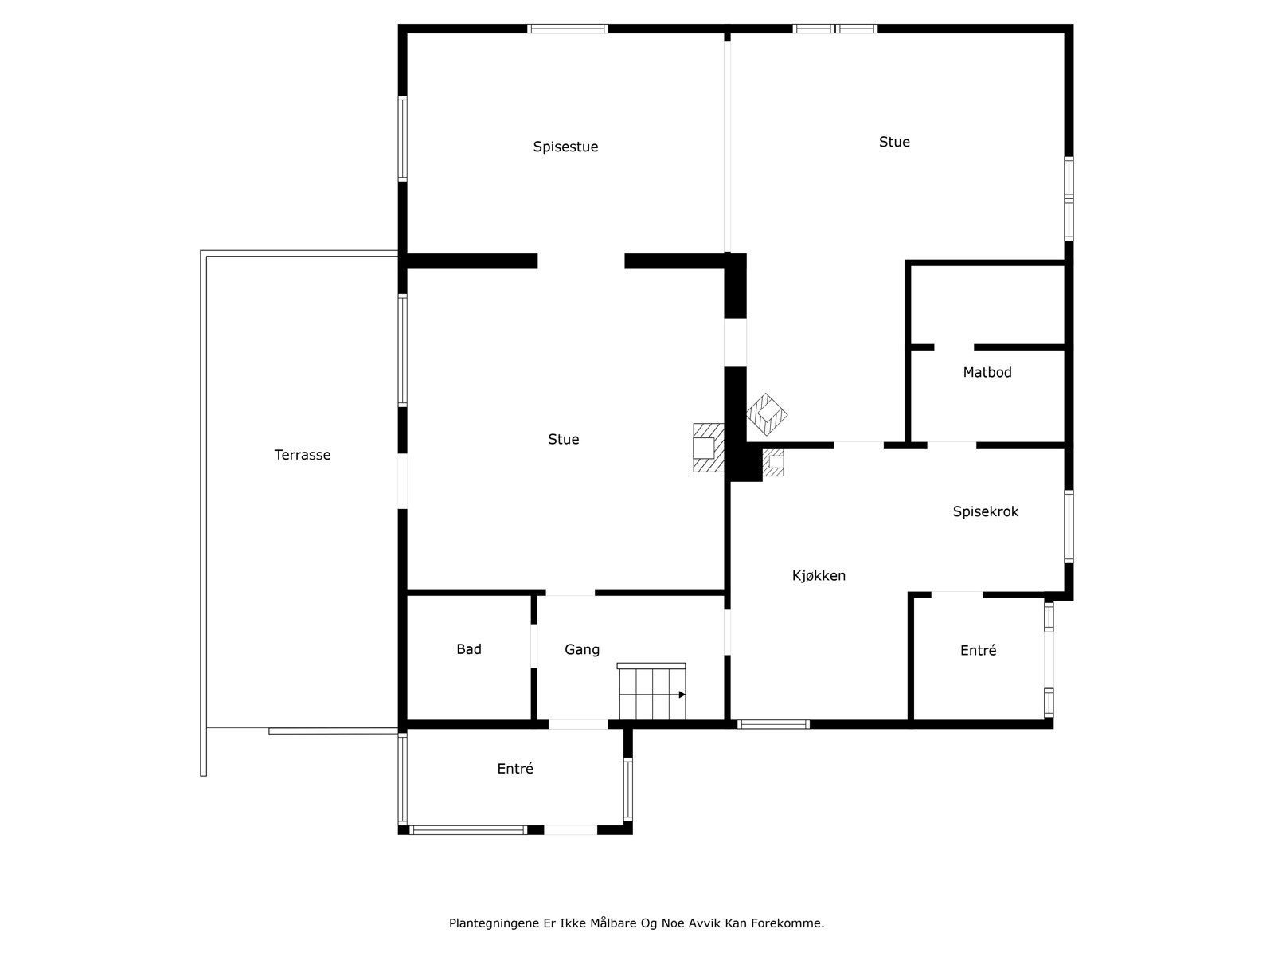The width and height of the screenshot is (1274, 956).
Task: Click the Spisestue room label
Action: point(565,147)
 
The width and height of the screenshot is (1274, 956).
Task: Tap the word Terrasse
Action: point(303,455)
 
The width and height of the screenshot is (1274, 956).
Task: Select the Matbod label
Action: point(987,372)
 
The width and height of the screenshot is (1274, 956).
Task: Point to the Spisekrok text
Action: point(986,511)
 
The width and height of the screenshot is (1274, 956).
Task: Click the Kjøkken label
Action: point(819,575)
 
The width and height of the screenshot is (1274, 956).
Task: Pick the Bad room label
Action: point(469,649)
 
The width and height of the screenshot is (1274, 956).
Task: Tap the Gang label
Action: point(582,649)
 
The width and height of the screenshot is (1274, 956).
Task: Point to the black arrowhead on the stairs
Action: point(682,695)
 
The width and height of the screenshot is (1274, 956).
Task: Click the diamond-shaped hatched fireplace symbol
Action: point(767,414)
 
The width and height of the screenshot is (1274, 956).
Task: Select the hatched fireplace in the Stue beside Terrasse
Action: point(707,449)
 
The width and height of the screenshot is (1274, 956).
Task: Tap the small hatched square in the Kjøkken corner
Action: point(773,462)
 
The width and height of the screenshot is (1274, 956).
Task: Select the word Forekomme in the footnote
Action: point(792,923)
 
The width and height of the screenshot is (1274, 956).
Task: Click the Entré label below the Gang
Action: point(515,769)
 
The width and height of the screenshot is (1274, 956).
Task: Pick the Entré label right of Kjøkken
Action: point(979,650)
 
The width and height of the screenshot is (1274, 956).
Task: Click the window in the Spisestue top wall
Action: point(568,29)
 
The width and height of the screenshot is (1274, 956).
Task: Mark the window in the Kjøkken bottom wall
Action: point(773,724)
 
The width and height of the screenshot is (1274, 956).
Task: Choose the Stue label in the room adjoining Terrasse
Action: point(564,439)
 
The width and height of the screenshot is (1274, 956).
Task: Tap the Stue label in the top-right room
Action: point(894,142)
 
